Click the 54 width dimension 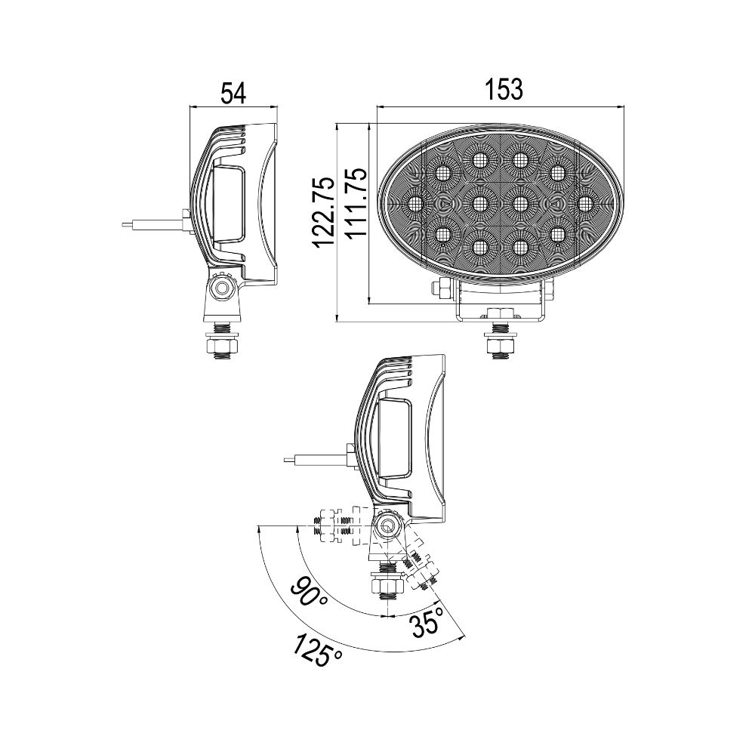pyautogui.click(x=233, y=93)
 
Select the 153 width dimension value pyautogui.click(x=504, y=88)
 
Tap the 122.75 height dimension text pyautogui.click(x=323, y=212)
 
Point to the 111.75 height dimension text pyautogui.click(x=356, y=202)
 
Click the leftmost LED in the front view pyautogui.click(x=415, y=202)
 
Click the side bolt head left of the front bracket pyautogui.click(x=436, y=289)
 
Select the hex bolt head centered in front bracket pyautogui.click(x=499, y=313)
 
